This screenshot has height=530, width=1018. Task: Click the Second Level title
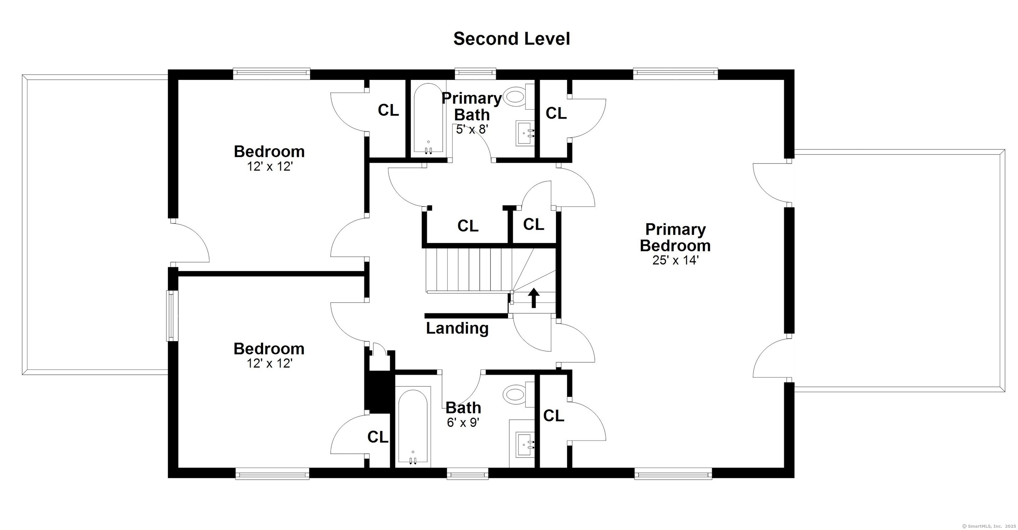click(511, 39)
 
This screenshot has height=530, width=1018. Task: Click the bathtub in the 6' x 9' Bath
click(413, 427)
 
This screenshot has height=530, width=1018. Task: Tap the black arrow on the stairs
click(534, 298)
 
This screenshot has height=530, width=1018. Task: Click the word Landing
click(457, 328)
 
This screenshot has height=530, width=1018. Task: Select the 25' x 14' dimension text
click(676, 260)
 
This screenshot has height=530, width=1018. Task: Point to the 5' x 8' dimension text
click(472, 129)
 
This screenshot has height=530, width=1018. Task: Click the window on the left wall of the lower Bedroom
click(170, 316)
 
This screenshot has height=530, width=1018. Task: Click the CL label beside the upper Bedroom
click(388, 110)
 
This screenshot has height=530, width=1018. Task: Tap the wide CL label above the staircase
click(468, 226)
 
